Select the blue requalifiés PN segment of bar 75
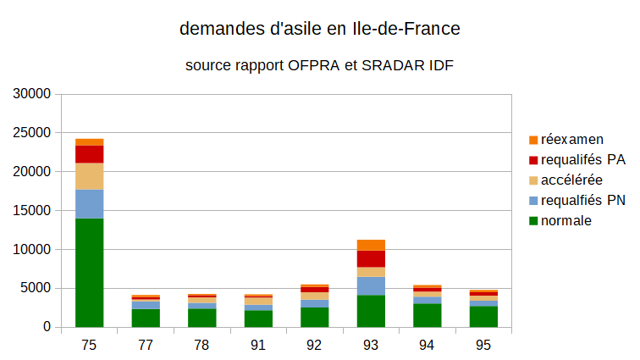pyautogui.click(x=89, y=204)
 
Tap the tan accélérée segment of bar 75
pyautogui.click(x=89, y=176)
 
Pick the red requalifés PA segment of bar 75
pyautogui.click(x=89, y=154)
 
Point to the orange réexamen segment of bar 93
pyautogui.click(x=371, y=245)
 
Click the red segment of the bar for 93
pyautogui.click(x=371, y=258)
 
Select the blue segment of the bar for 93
pyautogui.click(x=371, y=285)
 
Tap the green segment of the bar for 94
pyautogui.click(x=427, y=315)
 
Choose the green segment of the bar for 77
pyautogui.click(x=146, y=318)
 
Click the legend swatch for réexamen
pyautogui.click(x=533, y=140)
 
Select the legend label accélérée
pyautogui.click(x=571, y=180)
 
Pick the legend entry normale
pyautogui.click(x=566, y=221)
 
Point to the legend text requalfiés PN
pyautogui.click(x=582, y=201)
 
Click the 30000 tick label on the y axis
pyautogui.click(x=33, y=94)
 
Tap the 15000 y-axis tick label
pyautogui.click(x=33, y=211)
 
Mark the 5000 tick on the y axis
pyautogui.click(x=36, y=289)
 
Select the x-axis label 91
pyautogui.click(x=258, y=345)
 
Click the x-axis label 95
pyautogui.click(x=483, y=345)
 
